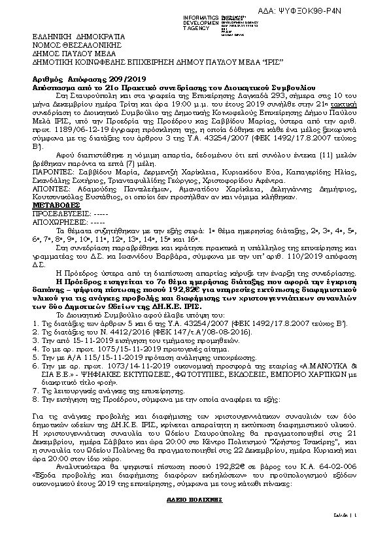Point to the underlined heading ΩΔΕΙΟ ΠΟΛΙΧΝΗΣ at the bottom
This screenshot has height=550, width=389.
(194, 499)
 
